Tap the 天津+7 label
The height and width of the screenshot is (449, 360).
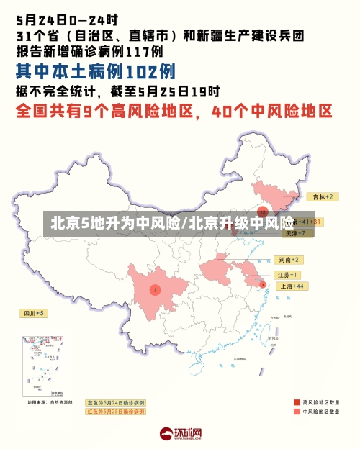pyautogui.click(x=294, y=233)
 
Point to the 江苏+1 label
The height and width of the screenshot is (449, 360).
pyautogui.click(x=287, y=275)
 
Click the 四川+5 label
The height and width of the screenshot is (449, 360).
pyautogui.click(x=34, y=313)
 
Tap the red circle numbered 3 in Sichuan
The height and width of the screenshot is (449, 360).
pyautogui.click(x=154, y=290)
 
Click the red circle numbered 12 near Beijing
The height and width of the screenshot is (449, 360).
pyautogui.click(x=263, y=212)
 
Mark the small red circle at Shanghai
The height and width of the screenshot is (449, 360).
pyautogui.click(x=263, y=285)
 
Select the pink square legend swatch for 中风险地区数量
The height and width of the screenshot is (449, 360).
pyautogui.click(x=296, y=412)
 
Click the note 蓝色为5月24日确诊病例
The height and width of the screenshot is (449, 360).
pyautogui.click(x=115, y=402)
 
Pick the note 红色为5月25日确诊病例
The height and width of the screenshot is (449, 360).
pyautogui.click(x=115, y=412)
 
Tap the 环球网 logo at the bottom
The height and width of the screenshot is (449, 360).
pyautogui.click(x=180, y=434)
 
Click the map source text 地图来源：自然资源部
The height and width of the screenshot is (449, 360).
pyautogui.click(x=50, y=402)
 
